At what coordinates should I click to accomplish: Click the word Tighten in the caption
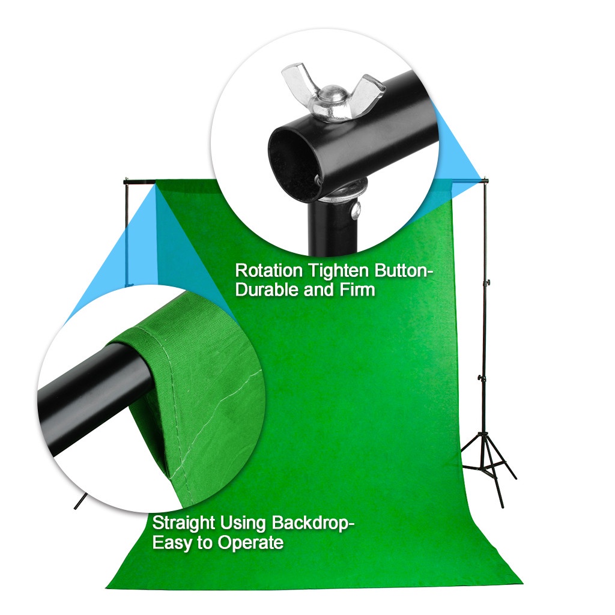click(x=339, y=271)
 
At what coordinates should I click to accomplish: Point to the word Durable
click(x=267, y=290)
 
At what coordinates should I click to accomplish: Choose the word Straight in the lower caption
click(x=184, y=523)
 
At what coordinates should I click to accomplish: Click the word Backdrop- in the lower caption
click(x=313, y=523)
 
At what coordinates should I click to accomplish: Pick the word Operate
click(x=250, y=544)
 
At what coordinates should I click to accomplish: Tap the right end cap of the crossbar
click(x=486, y=181)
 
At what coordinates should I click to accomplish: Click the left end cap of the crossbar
click(x=126, y=181)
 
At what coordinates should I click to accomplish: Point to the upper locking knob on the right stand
click(x=488, y=282)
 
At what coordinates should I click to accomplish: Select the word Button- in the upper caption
click(x=401, y=271)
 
